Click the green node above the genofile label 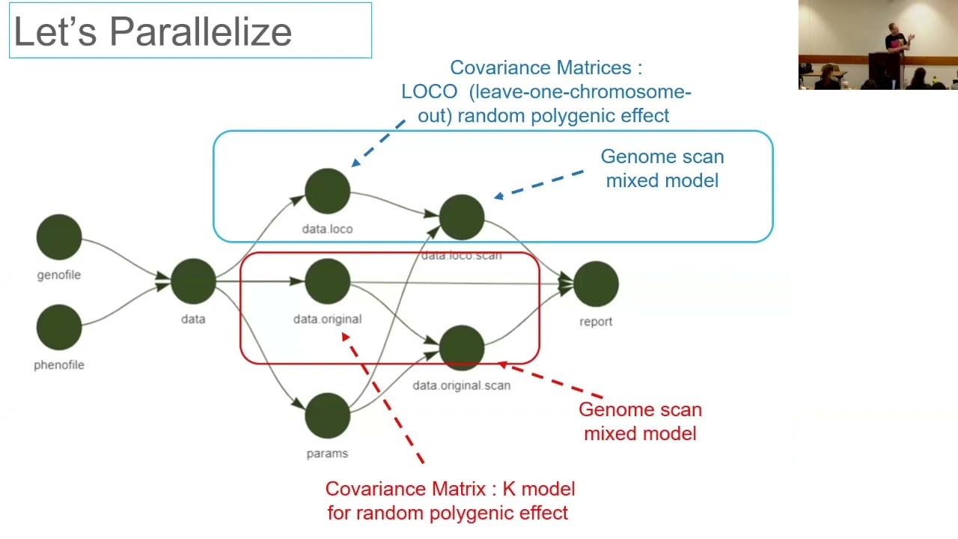(59, 237)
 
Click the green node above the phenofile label (59, 327)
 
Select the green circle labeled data (193, 281)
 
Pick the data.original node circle (327, 281)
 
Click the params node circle (327, 415)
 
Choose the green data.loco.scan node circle (462, 217)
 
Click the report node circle (596, 284)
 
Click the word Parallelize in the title (200, 32)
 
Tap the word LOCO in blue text (429, 92)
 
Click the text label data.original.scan (462, 386)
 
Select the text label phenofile (59, 365)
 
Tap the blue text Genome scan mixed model (662, 168)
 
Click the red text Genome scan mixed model (640, 421)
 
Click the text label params (327, 454)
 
